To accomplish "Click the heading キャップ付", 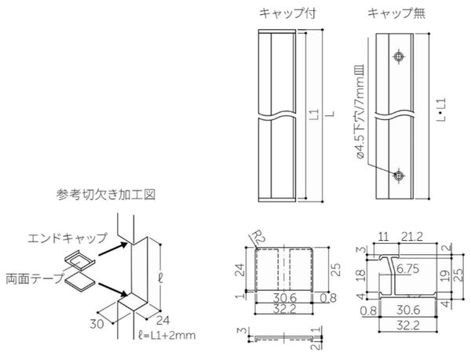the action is [x=287, y=13].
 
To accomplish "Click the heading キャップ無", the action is [x=396, y=13].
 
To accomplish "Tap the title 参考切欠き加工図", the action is [x=106, y=195].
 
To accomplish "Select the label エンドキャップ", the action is [x=68, y=238].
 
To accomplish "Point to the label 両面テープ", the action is [x=35, y=278].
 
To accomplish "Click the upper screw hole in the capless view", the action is [x=399, y=56].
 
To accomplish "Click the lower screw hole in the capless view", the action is [x=399, y=175].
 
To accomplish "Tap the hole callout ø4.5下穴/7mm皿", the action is [x=360, y=111].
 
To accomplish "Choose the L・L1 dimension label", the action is [x=441, y=110].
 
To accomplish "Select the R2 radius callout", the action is [x=257, y=237].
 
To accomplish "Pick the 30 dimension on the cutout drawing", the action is [x=97, y=324].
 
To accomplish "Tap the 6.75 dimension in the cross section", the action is [x=407, y=269].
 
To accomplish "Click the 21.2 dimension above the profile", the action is [x=412, y=237].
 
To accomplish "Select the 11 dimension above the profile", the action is [x=383, y=237].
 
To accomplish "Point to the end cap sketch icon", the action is [x=79, y=260].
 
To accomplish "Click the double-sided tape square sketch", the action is [x=79, y=282].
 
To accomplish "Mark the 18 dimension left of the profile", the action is [x=361, y=275].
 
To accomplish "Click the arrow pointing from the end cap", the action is [x=113, y=249].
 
